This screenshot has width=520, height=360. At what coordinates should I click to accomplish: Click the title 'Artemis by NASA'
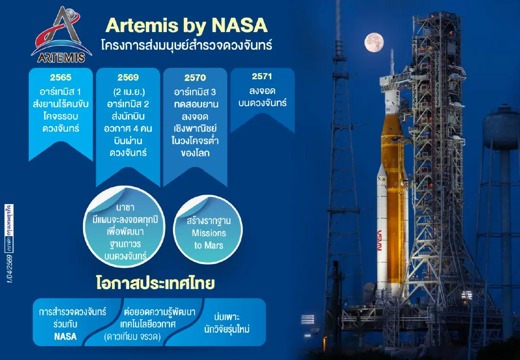pyautogui.click(x=186, y=26)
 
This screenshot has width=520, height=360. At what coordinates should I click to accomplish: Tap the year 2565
pyautogui.click(x=61, y=78)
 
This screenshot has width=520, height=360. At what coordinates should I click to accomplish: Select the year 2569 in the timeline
pyautogui.click(x=128, y=78)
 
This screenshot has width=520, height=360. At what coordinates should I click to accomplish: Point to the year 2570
pyautogui.click(x=195, y=78)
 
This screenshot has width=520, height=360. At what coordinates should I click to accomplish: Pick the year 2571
pyautogui.click(x=262, y=77)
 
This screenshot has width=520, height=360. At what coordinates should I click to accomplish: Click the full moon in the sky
pyautogui.click(x=374, y=42)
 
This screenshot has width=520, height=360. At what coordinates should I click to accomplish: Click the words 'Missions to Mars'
pyautogui.click(x=209, y=239)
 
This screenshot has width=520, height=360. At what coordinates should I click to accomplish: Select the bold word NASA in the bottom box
pyautogui.click(x=65, y=336)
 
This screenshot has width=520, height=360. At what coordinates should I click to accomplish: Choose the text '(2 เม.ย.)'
pyautogui.click(x=128, y=92)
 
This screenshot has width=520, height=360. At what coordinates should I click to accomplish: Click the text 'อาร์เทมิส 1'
pyautogui.click(x=61, y=92)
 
